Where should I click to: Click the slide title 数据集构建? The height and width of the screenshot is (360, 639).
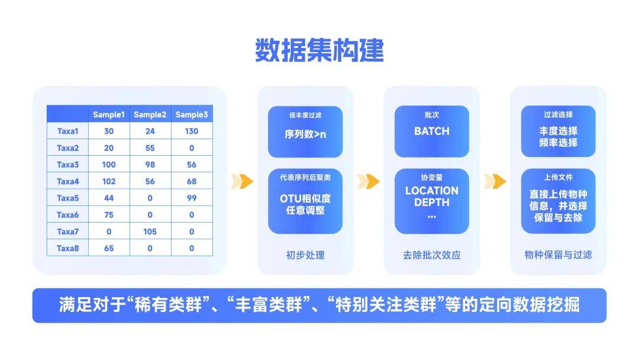point(319,50)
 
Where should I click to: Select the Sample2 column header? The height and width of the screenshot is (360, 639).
point(150,114)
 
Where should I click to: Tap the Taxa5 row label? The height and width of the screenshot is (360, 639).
point(67,198)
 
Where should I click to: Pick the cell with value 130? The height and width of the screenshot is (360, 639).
point(192,131)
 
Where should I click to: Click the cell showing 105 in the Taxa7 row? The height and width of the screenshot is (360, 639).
point(150,232)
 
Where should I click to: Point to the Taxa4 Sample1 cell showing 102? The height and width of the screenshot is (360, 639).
point(109,181)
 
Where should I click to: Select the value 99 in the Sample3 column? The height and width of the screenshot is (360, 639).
point(192,198)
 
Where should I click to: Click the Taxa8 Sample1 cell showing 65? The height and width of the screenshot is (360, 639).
point(109,248)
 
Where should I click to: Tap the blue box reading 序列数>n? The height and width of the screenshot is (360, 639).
point(305,131)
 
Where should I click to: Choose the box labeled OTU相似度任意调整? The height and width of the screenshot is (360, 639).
point(305,201)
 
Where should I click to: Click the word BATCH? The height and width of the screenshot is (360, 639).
point(431,131)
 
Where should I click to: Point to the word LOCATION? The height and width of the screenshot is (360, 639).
point(431,191)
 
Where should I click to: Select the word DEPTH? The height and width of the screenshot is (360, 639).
point(431,202)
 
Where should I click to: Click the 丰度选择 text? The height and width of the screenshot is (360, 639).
point(559,131)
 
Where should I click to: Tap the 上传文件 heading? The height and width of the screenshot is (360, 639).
point(559,178)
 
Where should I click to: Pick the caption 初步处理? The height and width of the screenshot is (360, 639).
point(305,255)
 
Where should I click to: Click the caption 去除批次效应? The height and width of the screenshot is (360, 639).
point(431,255)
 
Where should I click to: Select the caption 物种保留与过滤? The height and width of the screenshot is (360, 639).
point(559,255)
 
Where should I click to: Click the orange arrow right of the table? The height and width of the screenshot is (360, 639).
point(242,181)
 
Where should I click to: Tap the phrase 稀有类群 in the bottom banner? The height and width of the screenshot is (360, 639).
point(168,305)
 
